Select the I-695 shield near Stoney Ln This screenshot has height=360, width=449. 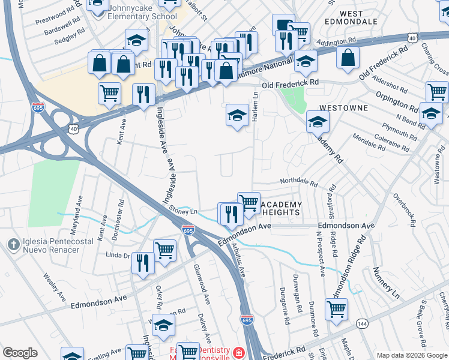188,229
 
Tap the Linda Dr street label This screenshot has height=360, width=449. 118,256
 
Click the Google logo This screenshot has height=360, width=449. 20,353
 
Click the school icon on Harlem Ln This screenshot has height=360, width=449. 237,116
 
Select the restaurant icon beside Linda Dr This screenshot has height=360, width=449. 143,263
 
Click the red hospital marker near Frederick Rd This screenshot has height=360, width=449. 240,352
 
